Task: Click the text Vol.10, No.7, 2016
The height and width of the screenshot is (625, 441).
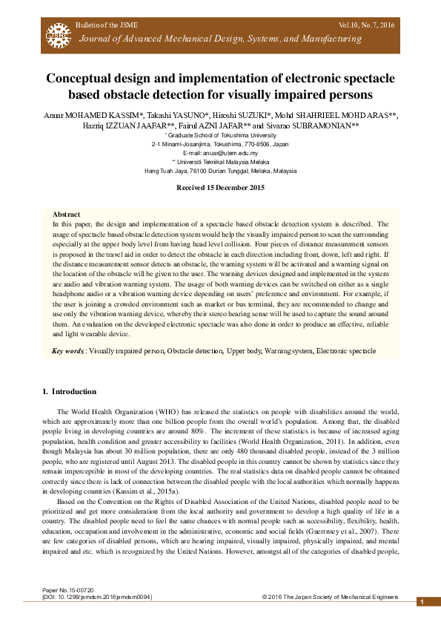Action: (366, 25)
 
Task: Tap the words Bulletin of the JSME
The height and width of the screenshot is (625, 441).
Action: (104, 25)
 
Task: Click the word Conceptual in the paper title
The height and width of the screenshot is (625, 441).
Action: (81, 79)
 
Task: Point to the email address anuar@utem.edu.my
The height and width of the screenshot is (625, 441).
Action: (220, 151)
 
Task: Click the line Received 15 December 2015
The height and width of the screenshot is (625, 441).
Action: (220, 187)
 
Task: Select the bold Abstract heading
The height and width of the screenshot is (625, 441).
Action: (67, 214)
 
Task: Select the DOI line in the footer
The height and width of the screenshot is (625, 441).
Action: (97, 597)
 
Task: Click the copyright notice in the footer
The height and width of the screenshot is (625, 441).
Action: (330, 597)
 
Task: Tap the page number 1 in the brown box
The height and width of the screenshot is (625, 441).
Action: (422, 602)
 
